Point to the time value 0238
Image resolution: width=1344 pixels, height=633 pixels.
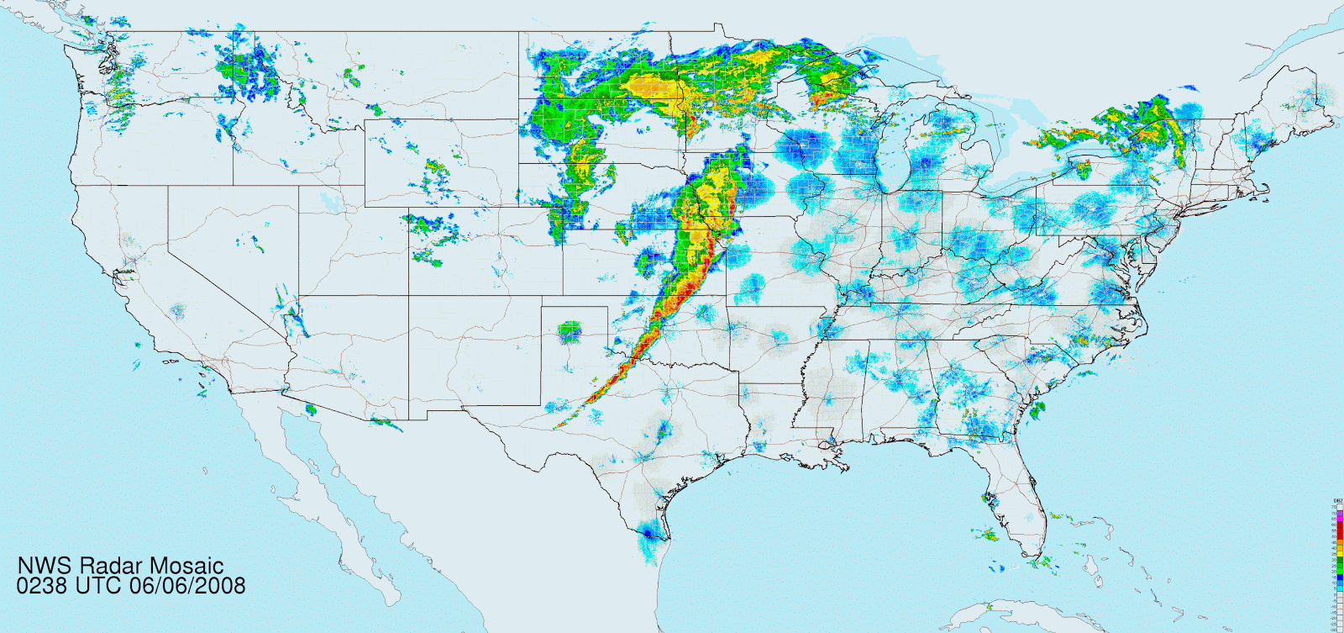[x=41, y=585]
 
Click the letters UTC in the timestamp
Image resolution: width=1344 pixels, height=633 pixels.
[x=99, y=585]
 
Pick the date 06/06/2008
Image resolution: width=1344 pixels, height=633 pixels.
[x=187, y=585]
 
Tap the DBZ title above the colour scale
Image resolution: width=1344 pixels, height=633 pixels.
[x=1338, y=500]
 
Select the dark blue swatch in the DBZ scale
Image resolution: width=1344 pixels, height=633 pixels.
[x=1340, y=577]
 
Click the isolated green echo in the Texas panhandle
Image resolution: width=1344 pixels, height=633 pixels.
[x=570, y=332]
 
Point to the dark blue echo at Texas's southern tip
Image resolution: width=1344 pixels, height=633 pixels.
[x=648, y=533]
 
